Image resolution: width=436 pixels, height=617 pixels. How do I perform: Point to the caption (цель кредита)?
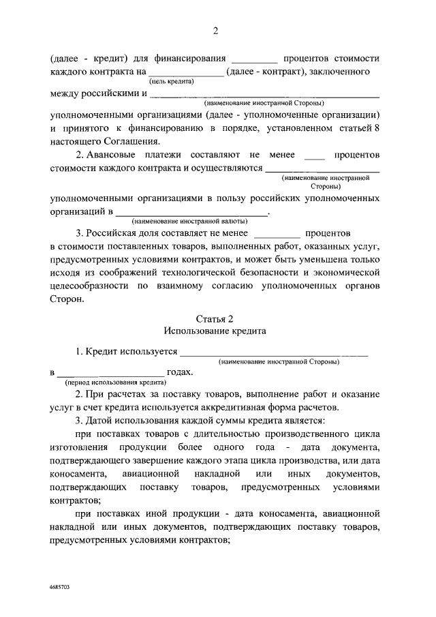pyautogui.click(x=172, y=81)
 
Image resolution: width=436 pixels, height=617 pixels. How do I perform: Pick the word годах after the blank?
pyautogui.click(x=180, y=372)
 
